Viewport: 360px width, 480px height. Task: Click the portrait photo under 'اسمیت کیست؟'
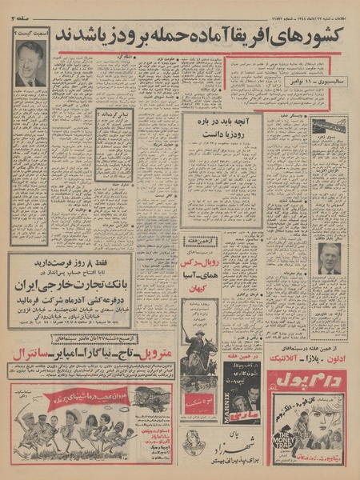(x=31, y=63)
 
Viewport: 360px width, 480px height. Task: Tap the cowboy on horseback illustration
(x=198, y=352)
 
